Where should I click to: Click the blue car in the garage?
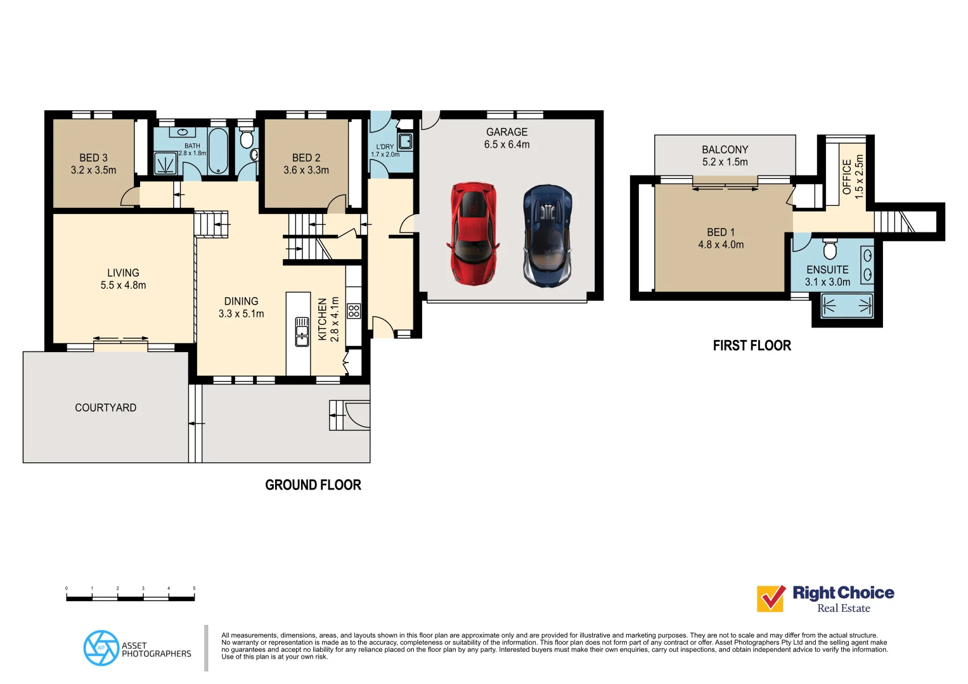tap(548, 236)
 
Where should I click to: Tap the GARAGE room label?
tap(507, 132)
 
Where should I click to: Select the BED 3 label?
tap(93, 158)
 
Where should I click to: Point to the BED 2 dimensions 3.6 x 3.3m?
tap(306, 170)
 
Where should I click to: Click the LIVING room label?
tap(123, 273)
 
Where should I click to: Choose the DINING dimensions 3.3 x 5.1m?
tap(241, 313)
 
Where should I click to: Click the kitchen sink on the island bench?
tap(302, 332)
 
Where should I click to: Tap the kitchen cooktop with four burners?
tap(354, 310)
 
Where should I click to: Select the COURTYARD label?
tap(105, 408)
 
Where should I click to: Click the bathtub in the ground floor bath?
tap(217, 151)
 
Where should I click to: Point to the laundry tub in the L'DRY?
tap(405, 141)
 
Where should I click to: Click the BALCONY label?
tap(725, 149)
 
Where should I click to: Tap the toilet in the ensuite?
tap(830, 249)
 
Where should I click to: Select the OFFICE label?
tap(846, 177)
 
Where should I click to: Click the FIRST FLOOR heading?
tap(752, 346)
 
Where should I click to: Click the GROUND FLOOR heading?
tap(313, 485)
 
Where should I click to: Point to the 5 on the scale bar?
tap(194, 588)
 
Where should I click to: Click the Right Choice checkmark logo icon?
tap(771, 598)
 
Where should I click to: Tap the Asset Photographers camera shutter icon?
tap(101, 648)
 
